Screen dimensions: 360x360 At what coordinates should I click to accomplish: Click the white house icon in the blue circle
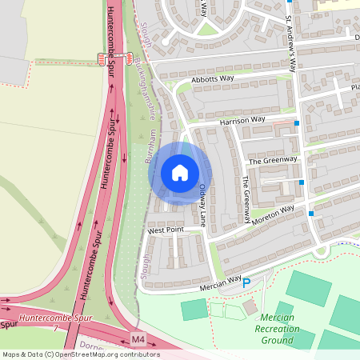180,173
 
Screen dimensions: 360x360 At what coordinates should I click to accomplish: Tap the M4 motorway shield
138,339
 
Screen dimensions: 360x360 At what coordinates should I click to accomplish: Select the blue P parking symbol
246,282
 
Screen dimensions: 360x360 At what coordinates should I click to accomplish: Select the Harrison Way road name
242,120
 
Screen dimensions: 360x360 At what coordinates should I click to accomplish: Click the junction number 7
55,328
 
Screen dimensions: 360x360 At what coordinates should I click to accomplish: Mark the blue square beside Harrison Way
297,124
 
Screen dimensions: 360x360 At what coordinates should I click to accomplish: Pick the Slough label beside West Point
146,265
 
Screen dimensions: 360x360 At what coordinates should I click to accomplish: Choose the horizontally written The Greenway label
273,160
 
